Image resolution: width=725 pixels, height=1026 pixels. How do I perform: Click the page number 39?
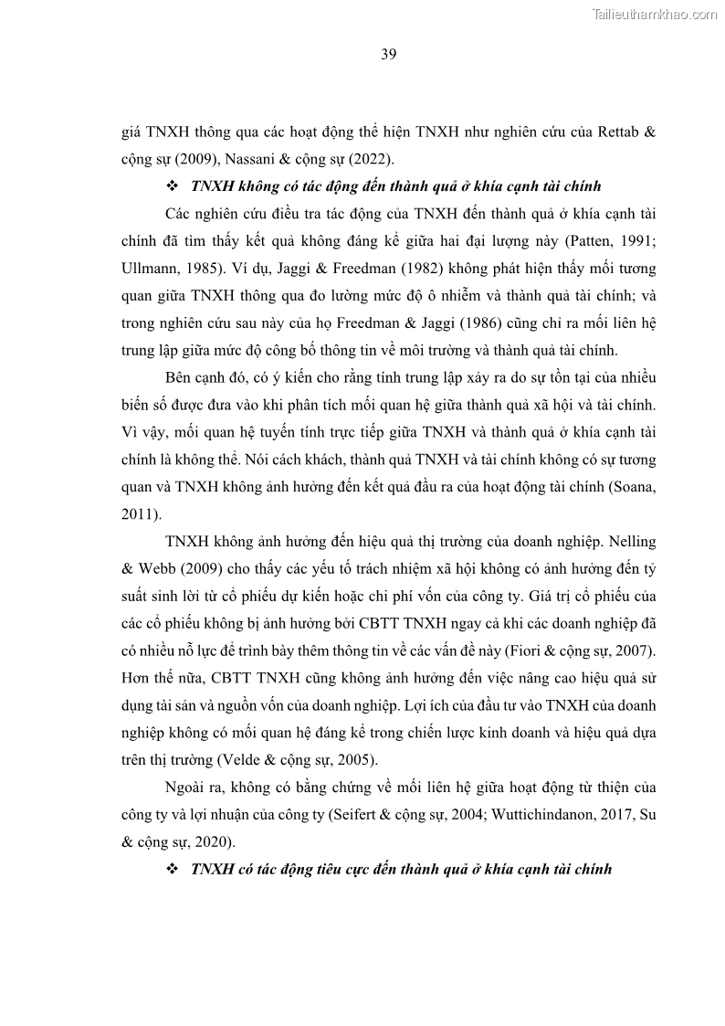[388, 54]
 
